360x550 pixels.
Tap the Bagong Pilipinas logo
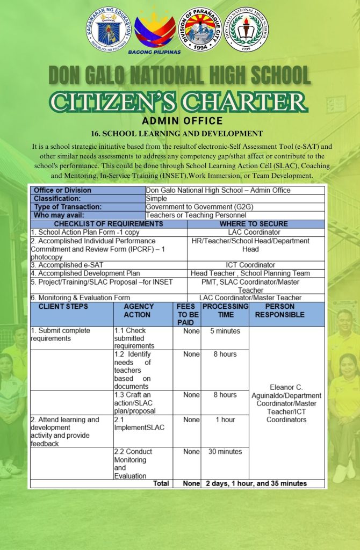point(154,31)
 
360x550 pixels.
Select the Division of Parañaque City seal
point(200,30)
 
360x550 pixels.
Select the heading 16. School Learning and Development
point(179,133)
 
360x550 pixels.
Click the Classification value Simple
point(156,199)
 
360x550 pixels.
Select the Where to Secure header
point(254,224)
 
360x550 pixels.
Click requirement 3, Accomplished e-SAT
point(67,265)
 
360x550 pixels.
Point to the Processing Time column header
point(225,310)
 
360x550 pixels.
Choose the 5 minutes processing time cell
point(225,331)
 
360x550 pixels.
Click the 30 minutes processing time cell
point(225,452)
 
